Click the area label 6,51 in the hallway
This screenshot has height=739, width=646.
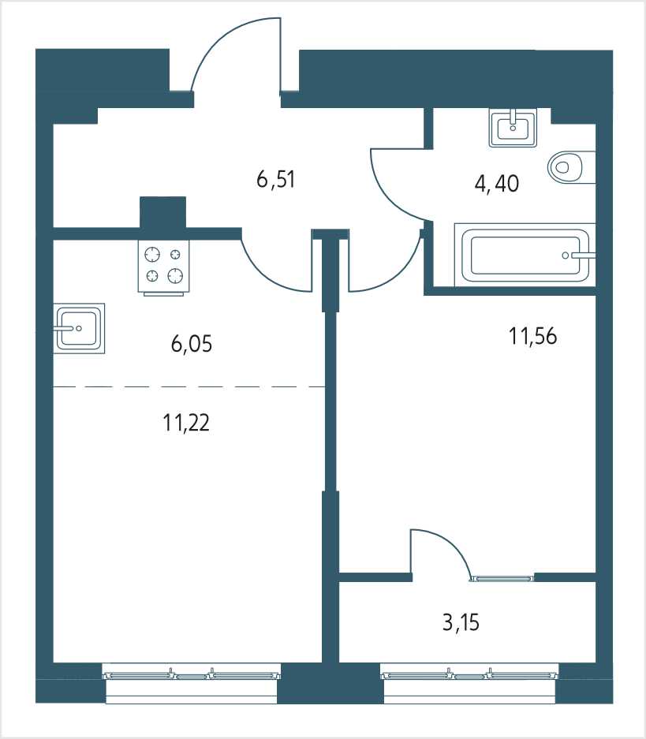(x=276, y=180)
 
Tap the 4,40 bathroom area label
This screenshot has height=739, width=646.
(x=497, y=183)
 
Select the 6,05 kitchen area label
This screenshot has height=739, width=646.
(x=192, y=344)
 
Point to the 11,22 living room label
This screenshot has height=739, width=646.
(x=186, y=423)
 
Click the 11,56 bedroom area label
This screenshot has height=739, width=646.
(x=533, y=337)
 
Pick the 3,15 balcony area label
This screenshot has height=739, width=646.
(x=461, y=622)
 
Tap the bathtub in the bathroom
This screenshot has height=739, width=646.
(x=525, y=255)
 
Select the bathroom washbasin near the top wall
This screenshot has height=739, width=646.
(x=513, y=127)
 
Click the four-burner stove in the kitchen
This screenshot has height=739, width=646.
(x=163, y=267)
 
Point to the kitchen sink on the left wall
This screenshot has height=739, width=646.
(x=79, y=328)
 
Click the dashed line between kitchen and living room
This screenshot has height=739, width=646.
(x=189, y=387)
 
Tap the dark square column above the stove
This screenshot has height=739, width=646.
(x=162, y=213)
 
